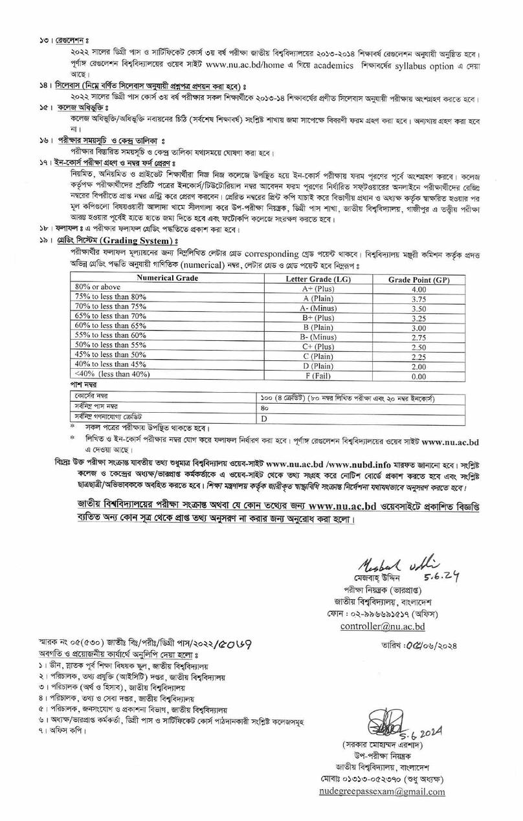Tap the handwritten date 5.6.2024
pyautogui.click(x=418, y=732)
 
